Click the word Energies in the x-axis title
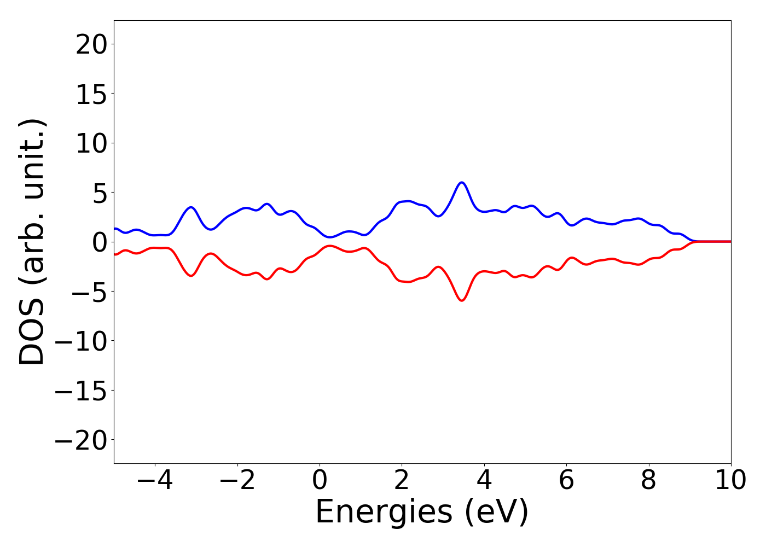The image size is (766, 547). click(x=384, y=513)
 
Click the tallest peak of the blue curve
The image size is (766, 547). click(x=462, y=183)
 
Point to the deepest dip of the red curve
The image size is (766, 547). click(x=462, y=300)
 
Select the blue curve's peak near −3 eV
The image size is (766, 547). click(x=191, y=207)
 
